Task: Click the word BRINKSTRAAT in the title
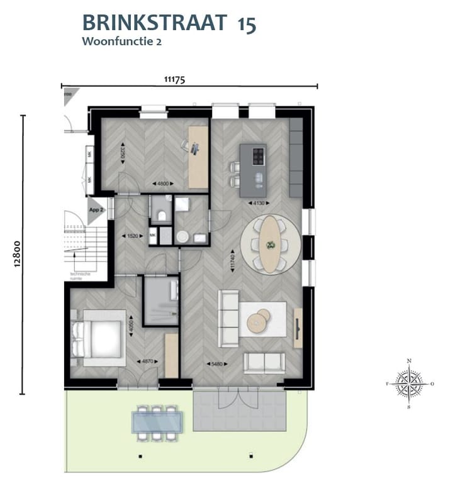coord(154,23)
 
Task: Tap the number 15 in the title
coord(247,23)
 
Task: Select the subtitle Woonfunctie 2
coord(118,42)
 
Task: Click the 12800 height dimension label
coord(17,255)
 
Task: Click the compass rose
coord(409,383)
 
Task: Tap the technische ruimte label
coord(80,277)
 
